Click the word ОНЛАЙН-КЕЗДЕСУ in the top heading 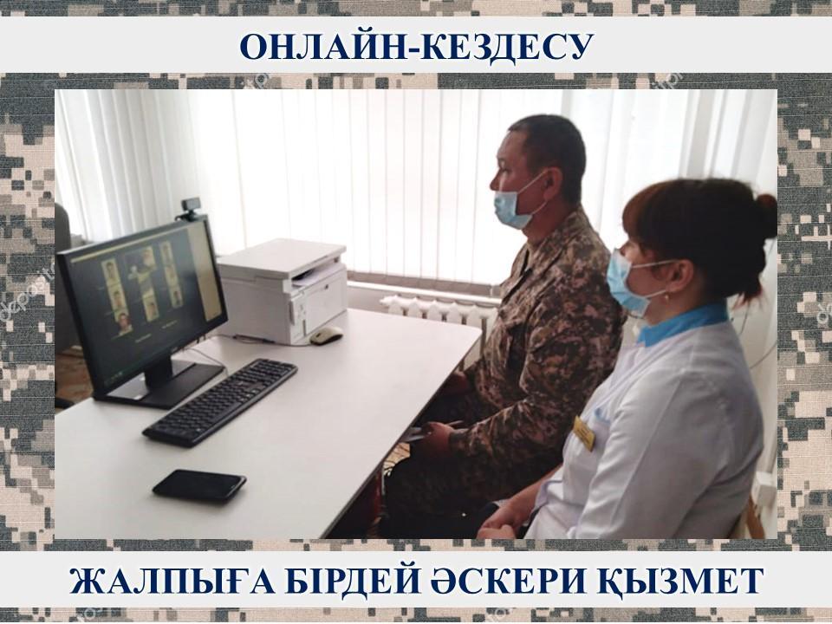[x=415, y=47]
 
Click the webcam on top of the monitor [x=192, y=209]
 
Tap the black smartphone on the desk [x=199, y=485]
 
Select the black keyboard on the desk [x=219, y=401]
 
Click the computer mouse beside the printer [x=327, y=335]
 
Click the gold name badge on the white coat [x=583, y=433]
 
